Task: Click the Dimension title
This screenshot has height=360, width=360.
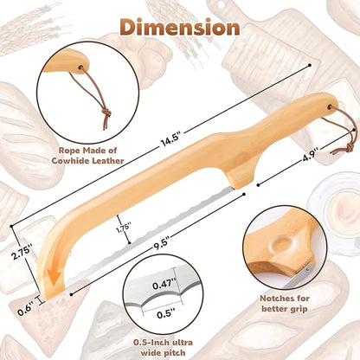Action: pos(180,28)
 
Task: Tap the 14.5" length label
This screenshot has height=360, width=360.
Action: pos(170,139)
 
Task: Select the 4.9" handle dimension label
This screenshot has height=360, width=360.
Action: pos(309,157)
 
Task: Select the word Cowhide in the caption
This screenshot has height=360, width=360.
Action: pos(70,161)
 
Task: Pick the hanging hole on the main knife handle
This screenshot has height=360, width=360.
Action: pos(329,107)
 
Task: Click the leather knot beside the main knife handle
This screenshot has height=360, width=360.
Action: pos(350,148)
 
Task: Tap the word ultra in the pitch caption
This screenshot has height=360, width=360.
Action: pos(182,343)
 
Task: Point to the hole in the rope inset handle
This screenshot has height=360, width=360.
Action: pos(81,67)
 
